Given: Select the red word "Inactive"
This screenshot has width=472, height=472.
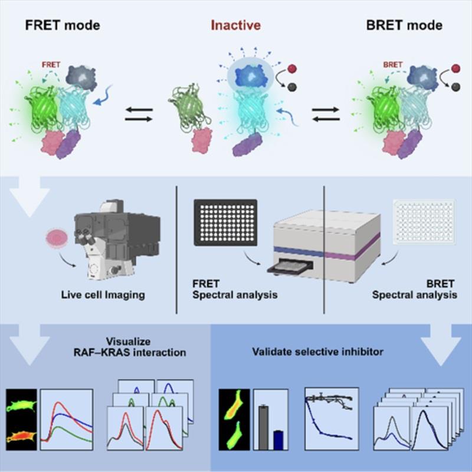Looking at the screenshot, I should (236, 26).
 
